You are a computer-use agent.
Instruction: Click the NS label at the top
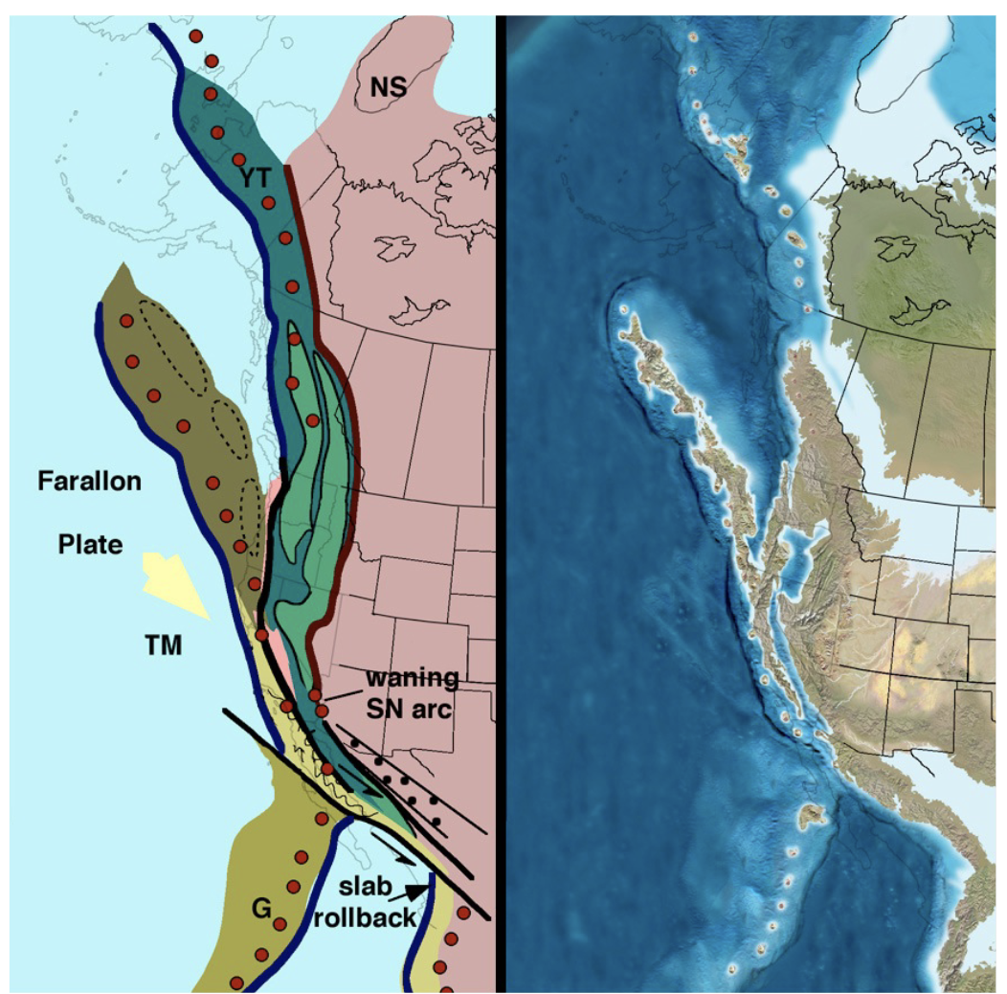click(x=389, y=88)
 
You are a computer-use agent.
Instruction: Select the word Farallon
click(x=90, y=482)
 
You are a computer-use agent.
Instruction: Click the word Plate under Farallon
click(x=88, y=544)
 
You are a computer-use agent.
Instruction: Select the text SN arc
click(x=408, y=711)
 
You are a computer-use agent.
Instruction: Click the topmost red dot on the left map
click(x=196, y=36)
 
